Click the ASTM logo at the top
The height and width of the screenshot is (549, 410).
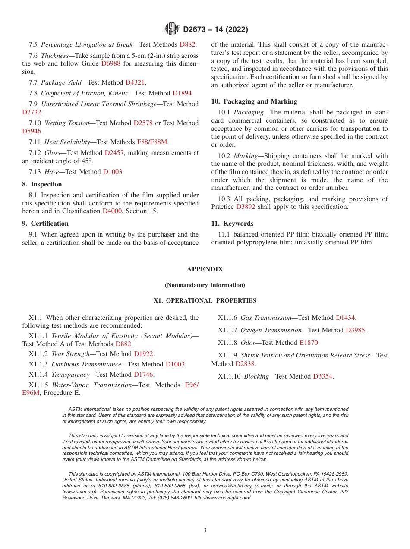(x=172, y=29)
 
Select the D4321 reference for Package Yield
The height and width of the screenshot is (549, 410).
(x=135, y=82)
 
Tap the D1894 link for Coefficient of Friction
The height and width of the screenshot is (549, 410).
(x=182, y=93)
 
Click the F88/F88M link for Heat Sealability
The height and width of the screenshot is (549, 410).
(x=152, y=142)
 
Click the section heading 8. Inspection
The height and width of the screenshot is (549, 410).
(x=42, y=184)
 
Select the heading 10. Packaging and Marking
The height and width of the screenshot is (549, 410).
(x=254, y=101)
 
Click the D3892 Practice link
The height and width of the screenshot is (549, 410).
(x=246, y=207)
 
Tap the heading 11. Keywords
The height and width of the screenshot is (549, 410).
(x=232, y=224)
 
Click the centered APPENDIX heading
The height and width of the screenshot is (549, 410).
(x=205, y=269)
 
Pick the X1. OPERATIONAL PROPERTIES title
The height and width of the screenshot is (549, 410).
(x=205, y=300)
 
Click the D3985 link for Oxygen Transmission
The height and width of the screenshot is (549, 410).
(x=355, y=330)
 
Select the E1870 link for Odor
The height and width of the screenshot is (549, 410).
(x=309, y=343)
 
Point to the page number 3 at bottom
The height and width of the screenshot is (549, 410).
(x=205, y=530)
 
